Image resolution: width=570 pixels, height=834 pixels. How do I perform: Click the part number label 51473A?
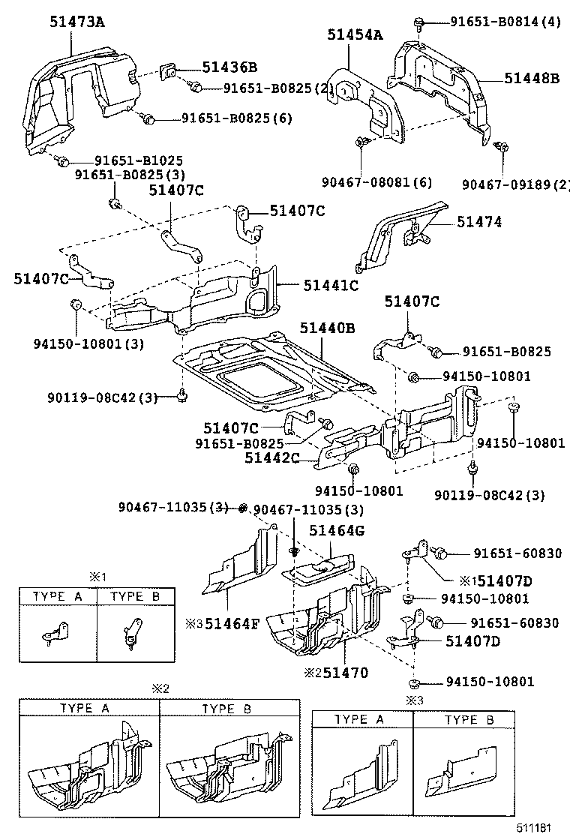[x=77, y=22]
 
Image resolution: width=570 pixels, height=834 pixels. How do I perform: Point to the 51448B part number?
[x=531, y=77]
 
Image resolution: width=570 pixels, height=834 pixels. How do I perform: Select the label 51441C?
[x=331, y=285]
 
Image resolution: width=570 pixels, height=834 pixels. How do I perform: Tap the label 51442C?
[x=271, y=457]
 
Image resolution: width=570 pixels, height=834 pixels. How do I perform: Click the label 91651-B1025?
[x=138, y=160]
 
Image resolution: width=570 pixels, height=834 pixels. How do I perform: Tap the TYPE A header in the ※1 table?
[x=58, y=597]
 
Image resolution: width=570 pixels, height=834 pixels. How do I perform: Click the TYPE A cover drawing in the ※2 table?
[x=88, y=764]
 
